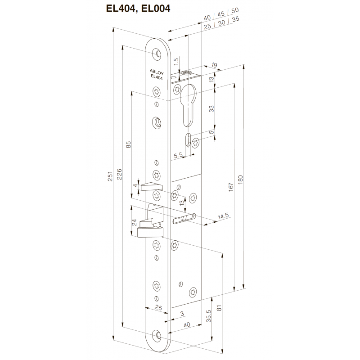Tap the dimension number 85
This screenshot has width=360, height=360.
point(128,144)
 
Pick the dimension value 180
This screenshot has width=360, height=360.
point(240,179)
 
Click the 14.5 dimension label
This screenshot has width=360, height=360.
point(223,217)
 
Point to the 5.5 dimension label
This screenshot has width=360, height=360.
point(178,155)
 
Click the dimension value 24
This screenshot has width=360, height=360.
point(134,222)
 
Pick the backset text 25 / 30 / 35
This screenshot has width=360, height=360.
point(221,27)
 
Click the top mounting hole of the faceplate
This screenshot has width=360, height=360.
point(158,54)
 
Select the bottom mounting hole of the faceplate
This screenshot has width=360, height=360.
point(157,335)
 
